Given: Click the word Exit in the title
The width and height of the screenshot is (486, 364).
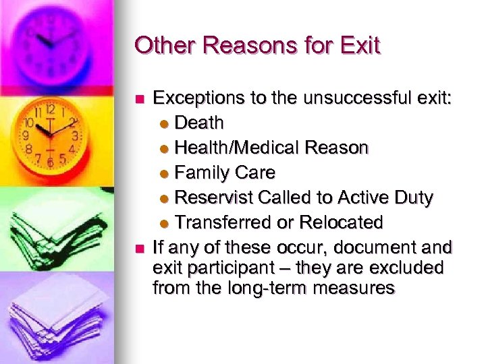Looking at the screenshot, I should (361, 45).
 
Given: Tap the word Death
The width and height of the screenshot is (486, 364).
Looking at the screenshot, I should (199, 123).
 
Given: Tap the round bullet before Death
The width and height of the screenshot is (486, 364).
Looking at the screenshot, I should (167, 124).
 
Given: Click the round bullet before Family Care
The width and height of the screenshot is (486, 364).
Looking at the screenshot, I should (167, 174).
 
